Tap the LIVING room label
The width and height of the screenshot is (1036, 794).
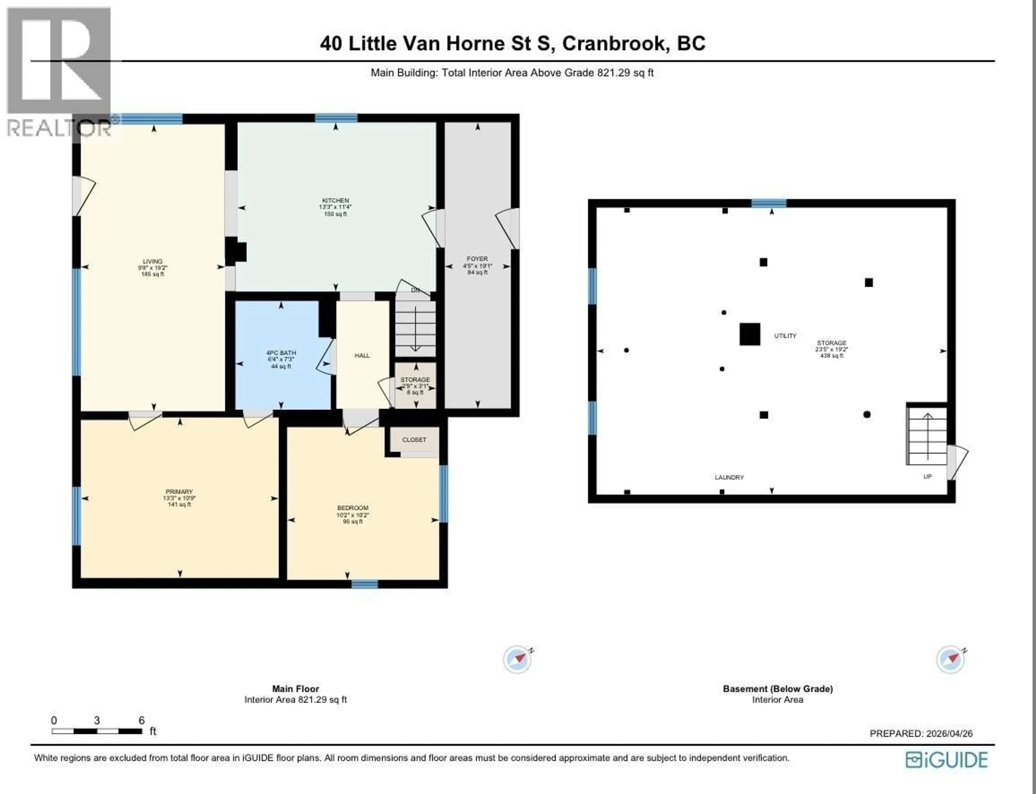(x=153, y=261)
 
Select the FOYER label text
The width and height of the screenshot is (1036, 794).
(x=477, y=259)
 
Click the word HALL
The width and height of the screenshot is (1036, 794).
(x=362, y=355)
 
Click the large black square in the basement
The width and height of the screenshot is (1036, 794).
(x=749, y=334)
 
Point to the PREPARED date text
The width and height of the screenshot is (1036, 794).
(x=921, y=734)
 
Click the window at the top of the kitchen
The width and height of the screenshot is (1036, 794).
(x=336, y=118)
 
